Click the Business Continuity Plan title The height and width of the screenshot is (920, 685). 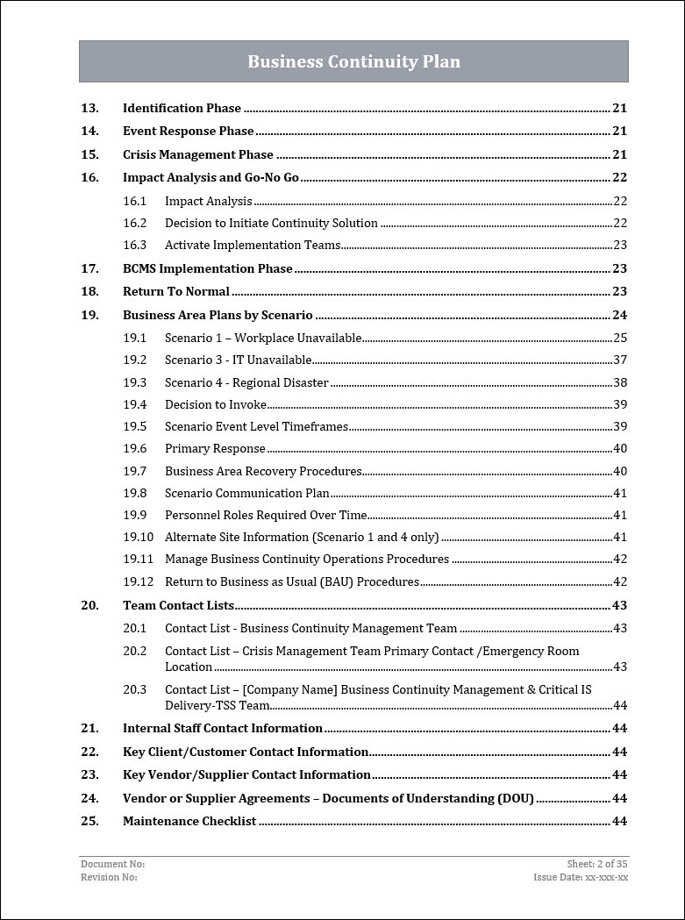point(353,61)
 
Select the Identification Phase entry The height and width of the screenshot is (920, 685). point(182,108)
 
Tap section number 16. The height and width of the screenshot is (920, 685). point(89,177)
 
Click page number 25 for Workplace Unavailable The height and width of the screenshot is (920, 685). point(619,338)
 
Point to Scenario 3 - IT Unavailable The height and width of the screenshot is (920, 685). point(238,360)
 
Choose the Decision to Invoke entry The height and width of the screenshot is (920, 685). point(216,404)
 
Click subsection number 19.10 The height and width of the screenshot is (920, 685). point(138,537)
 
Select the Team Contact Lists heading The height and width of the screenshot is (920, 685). point(178,605)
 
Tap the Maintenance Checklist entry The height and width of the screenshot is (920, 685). point(189,821)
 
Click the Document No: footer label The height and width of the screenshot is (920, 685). point(112,864)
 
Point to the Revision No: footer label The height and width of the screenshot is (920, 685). point(109,877)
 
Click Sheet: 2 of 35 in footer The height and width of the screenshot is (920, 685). point(597,864)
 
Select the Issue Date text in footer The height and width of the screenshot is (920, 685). point(581,877)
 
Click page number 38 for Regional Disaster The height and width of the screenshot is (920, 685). point(619,382)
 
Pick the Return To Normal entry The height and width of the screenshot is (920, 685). point(175,291)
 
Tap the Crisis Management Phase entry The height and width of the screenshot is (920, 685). point(197,154)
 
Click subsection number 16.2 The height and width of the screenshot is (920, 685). point(134,223)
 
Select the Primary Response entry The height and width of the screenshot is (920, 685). point(215,448)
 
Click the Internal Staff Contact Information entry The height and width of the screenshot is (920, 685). point(223,728)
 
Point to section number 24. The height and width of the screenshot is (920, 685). point(89,798)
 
